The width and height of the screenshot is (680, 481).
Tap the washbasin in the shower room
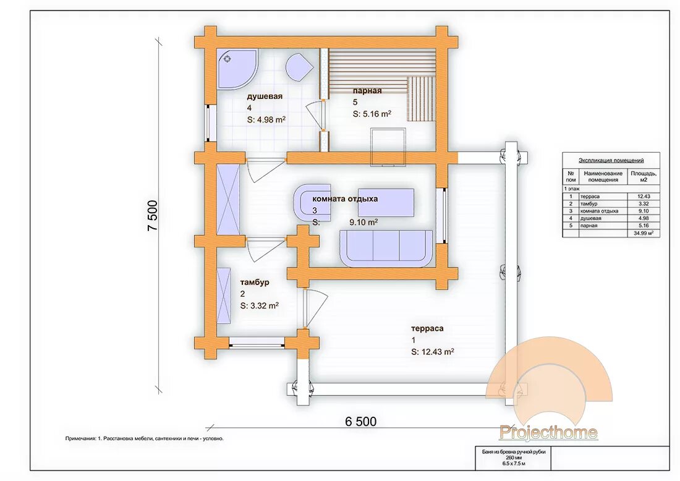(299, 67)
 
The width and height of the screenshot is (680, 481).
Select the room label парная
(367, 91)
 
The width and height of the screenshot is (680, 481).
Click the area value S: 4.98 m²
(266, 120)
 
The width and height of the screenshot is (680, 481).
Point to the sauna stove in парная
(388, 147)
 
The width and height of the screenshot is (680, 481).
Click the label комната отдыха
(345, 199)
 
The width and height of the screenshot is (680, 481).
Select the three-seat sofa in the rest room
(386, 248)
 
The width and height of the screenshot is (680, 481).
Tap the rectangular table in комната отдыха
(386, 202)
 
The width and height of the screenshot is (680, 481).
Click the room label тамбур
(255, 283)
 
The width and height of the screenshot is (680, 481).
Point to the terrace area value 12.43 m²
(432, 352)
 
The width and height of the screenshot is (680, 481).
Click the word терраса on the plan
(427, 328)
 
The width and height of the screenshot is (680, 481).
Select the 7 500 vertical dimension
(153, 216)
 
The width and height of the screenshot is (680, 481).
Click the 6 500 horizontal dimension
(361, 421)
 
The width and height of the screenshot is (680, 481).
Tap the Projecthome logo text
(548, 432)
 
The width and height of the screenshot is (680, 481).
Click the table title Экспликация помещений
(611, 161)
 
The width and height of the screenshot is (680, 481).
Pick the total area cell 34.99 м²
(644, 233)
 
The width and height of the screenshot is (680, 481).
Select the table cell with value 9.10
(644, 211)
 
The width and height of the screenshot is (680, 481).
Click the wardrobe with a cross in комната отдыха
(227, 200)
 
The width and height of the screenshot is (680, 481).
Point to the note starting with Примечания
(145, 438)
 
